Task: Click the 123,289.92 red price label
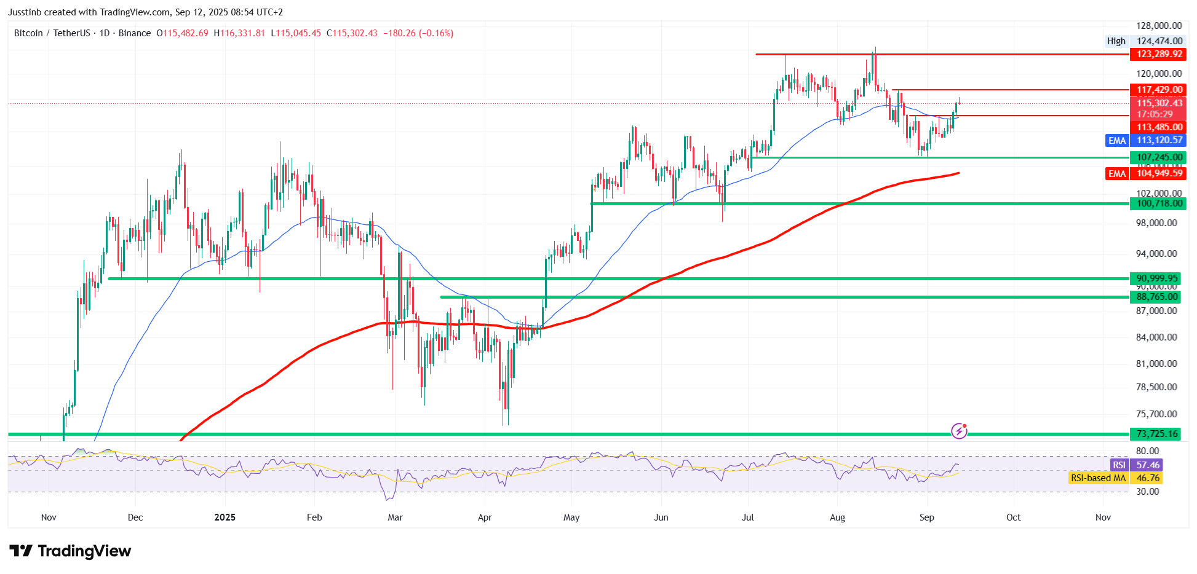point(1159,54)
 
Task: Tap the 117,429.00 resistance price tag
point(1159,90)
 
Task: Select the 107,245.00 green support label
point(1159,157)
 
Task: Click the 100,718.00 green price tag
point(1159,203)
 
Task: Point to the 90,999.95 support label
point(1157,278)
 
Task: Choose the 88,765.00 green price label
point(1157,297)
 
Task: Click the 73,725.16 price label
point(1157,434)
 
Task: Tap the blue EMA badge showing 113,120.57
point(1117,141)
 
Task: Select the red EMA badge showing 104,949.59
point(1117,174)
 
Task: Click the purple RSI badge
point(1119,465)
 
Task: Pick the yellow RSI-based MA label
point(1098,478)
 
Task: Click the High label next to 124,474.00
point(1116,41)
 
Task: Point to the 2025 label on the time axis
point(225,517)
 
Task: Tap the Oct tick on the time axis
point(1013,517)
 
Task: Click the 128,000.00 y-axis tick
point(1159,26)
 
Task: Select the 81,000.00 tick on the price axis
point(1156,363)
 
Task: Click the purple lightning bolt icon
point(959,431)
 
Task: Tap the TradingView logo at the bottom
point(70,551)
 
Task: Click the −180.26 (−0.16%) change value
point(418,33)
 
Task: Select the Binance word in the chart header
point(134,33)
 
